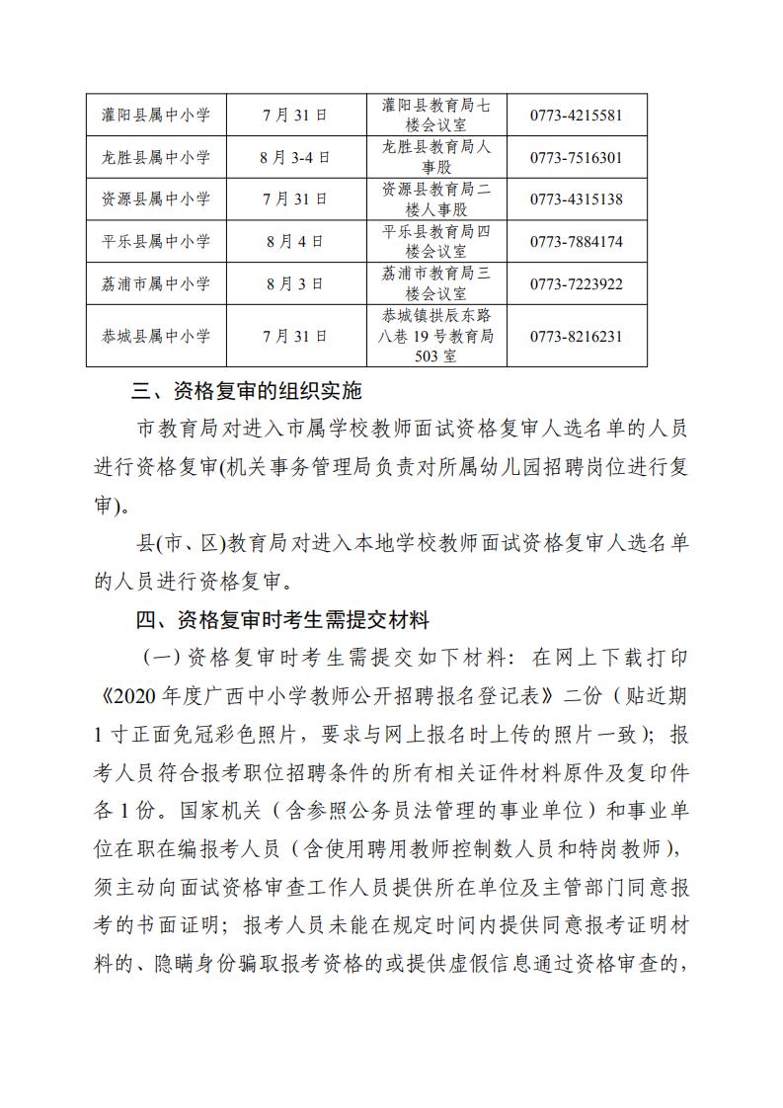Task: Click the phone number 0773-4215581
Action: pyautogui.click(x=576, y=115)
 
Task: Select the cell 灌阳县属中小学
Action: pyautogui.click(x=156, y=115)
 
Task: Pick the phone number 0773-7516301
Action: pyautogui.click(x=576, y=157)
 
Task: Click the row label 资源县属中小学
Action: pyautogui.click(x=156, y=198)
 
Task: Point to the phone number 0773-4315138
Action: pyautogui.click(x=576, y=198)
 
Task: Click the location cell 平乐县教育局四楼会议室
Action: pyautogui.click(x=435, y=241)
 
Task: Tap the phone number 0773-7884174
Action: pyautogui.click(x=576, y=241)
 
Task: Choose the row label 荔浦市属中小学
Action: pyautogui.click(x=156, y=283)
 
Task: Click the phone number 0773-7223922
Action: pyautogui.click(x=576, y=283)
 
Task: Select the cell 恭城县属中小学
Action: pyautogui.click(x=156, y=336)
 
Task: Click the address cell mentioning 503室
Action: pyautogui.click(x=435, y=336)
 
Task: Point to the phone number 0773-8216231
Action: pyautogui.click(x=576, y=336)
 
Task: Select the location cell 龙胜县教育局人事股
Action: pyautogui.click(x=435, y=157)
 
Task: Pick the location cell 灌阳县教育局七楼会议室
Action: pyautogui.click(x=435, y=115)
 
